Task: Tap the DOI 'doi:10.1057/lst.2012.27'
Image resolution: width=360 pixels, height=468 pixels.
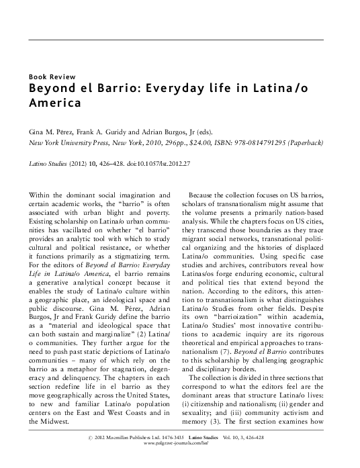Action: point(142,163)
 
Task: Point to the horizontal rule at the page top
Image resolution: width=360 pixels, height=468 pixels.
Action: point(179,39)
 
